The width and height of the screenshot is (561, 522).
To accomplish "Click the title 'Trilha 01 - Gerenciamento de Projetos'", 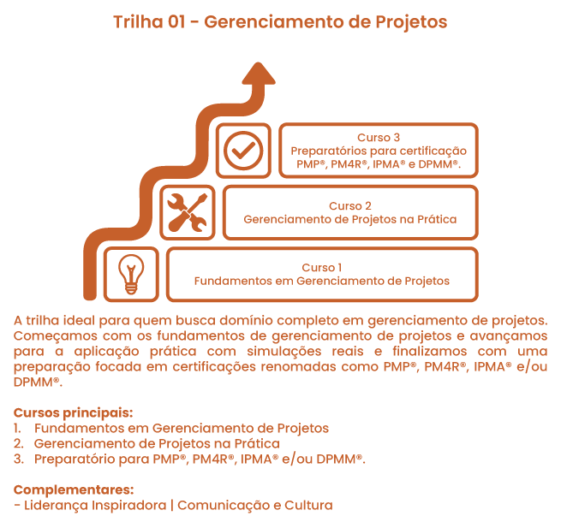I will click(280, 22).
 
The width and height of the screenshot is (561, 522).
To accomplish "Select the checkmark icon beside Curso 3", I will click(243, 151).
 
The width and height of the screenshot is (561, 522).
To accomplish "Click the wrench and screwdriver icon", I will click(187, 212).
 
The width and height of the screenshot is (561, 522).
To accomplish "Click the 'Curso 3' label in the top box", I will click(378, 137).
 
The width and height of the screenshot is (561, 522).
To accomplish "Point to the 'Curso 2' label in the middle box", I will click(349, 205).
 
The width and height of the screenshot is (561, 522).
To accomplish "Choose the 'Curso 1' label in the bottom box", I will click(321, 267).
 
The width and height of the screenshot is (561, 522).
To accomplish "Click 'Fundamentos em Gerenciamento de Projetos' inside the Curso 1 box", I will click(321, 281).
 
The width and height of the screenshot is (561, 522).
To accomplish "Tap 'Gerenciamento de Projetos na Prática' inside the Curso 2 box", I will click(349, 219).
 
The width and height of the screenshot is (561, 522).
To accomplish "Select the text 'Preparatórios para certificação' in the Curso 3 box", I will click(378, 151).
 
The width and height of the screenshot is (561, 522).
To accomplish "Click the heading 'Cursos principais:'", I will click(74, 412).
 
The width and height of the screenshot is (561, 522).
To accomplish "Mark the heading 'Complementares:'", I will click(74, 489).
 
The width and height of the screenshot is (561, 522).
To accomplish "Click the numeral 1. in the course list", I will click(19, 428).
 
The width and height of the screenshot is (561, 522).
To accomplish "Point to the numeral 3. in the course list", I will click(19, 460).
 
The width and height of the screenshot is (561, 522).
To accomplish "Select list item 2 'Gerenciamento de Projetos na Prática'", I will click(157, 443).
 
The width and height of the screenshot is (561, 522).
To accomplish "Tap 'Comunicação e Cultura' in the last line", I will click(254, 505).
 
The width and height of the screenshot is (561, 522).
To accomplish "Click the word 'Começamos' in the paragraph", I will click(53, 335).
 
